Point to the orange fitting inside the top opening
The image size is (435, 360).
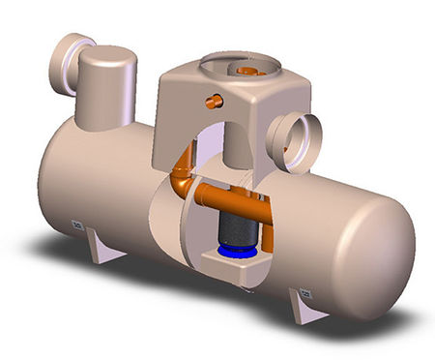pos(248,71)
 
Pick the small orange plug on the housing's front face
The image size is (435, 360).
pos(214,100)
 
